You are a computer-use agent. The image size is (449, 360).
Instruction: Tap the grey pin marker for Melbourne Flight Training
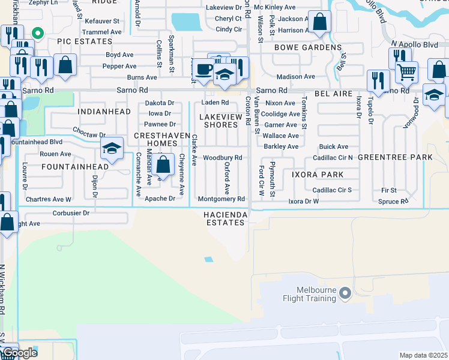pos(345,293)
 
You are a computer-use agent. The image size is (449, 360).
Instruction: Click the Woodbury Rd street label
pos(222,158)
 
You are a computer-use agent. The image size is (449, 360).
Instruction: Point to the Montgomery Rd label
pos(221,199)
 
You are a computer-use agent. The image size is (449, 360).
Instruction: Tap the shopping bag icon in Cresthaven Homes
pos(163,164)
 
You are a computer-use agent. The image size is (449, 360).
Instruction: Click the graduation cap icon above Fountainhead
pos(112,148)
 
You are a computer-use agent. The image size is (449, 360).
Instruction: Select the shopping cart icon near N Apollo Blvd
pos(407,73)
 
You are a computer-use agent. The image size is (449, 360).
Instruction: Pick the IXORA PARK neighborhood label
pos(318,175)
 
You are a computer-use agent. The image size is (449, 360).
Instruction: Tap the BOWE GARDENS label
pos(308,47)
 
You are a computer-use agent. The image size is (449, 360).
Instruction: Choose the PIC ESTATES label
pos(85,41)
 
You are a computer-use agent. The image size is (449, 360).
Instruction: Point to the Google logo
pos(20,353)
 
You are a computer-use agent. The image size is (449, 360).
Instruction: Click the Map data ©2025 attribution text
pos(424,355)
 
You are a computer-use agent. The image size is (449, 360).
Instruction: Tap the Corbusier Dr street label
pos(70,212)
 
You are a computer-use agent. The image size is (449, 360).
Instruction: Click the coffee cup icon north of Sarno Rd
pos(205,68)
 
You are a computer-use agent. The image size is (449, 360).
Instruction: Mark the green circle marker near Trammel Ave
pos(37,34)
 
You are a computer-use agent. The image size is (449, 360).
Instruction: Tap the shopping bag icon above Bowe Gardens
pos(321,22)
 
